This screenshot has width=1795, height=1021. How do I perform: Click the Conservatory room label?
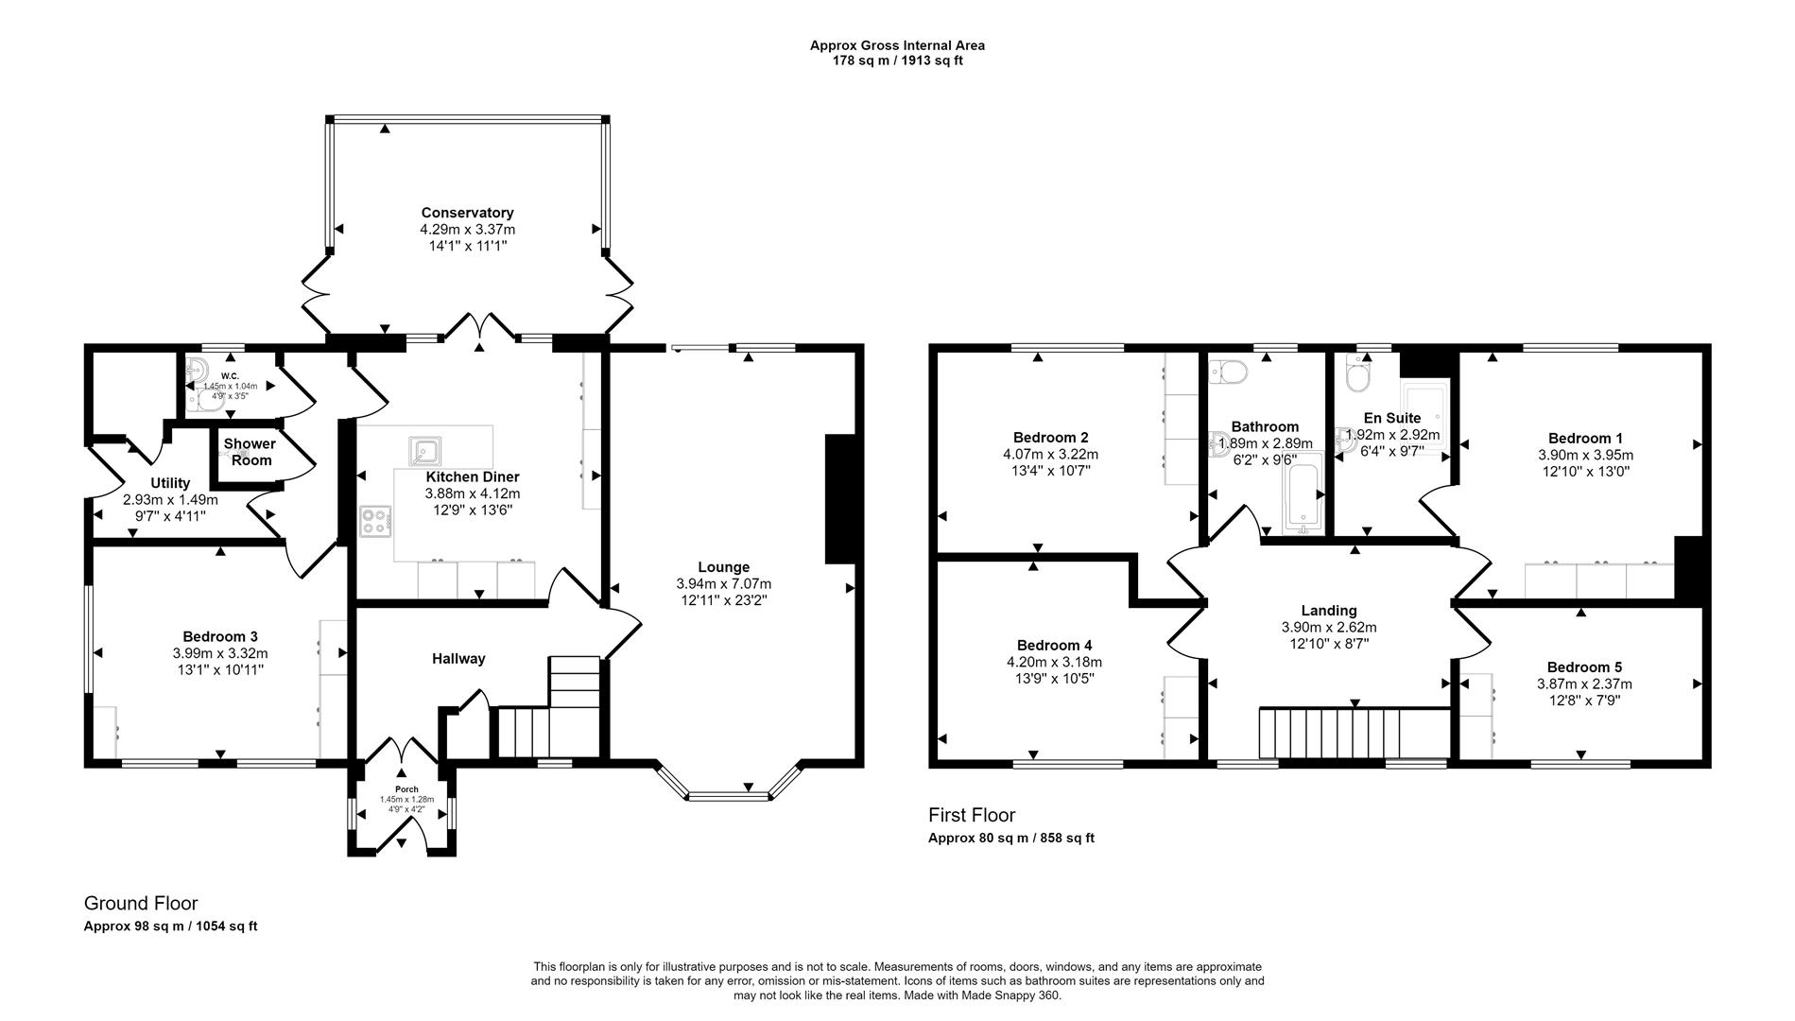pos(467,213)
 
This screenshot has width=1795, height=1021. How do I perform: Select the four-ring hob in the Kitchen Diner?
pos(375,522)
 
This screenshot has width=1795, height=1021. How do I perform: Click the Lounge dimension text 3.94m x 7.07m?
pos(723,584)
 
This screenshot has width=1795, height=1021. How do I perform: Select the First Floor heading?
pos(972,815)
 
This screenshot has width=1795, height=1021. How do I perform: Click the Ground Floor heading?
pos(141,903)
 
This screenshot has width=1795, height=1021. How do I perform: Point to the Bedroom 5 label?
pos(1584,667)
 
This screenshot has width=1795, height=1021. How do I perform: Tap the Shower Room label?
pos(250,452)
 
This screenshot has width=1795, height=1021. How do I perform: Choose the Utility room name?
pos(170,483)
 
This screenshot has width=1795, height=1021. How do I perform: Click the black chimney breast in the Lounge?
pos(839,498)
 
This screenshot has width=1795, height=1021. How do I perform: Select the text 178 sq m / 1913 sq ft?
pos(897,61)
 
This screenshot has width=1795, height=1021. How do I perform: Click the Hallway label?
pos(458,659)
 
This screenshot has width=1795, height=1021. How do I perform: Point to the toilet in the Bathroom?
pos(1229,372)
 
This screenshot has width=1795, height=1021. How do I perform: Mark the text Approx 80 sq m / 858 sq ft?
pos(1010,838)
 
